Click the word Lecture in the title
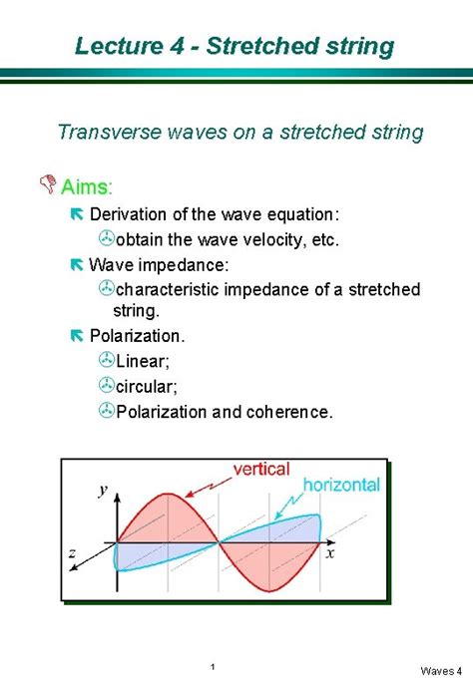(x=118, y=46)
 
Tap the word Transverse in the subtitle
(x=109, y=132)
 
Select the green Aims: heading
(x=87, y=187)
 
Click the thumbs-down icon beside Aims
(x=48, y=184)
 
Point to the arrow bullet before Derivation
(x=77, y=214)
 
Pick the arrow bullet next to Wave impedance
(x=77, y=264)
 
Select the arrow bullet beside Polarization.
(x=77, y=335)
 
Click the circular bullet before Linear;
(x=106, y=360)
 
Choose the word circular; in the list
(x=147, y=386)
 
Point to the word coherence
(x=289, y=412)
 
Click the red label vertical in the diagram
(x=261, y=470)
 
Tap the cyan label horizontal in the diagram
(x=341, y=485)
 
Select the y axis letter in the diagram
(x=103, y=490)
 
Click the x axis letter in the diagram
(x=330, y=553)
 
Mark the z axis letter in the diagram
(x=72, y=553)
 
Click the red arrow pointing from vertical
(x=209, y=488)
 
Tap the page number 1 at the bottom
(x=213, y=667)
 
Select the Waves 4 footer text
(x=441, y=671)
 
